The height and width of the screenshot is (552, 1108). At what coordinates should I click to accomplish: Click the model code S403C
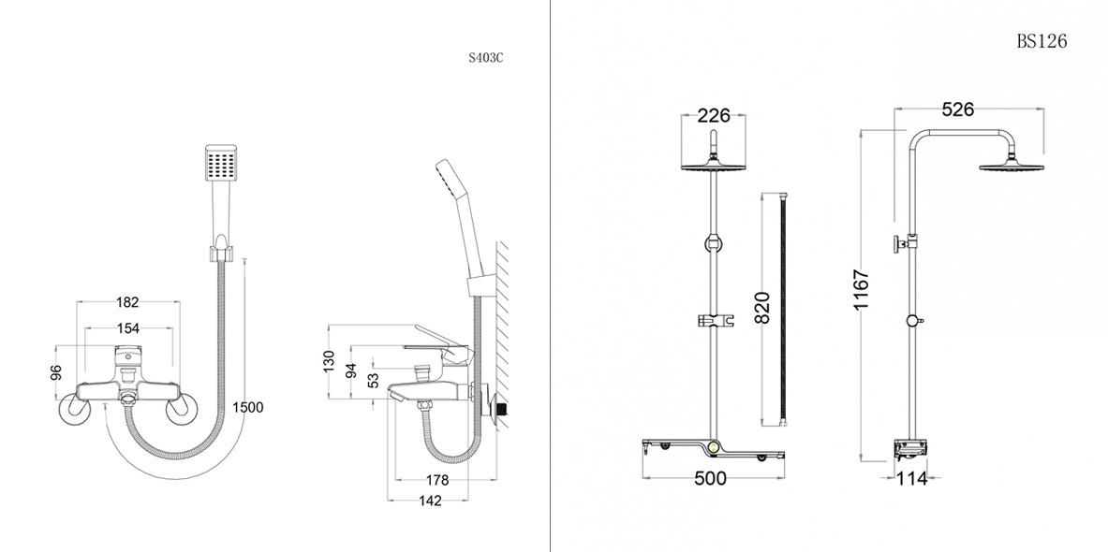tap(485, 57)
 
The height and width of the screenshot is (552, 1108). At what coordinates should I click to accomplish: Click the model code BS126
tap(1042, 41)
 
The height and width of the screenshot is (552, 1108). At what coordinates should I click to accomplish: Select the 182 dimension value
tap(127, 302)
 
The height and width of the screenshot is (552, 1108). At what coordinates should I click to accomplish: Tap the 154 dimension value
tap(127, 328)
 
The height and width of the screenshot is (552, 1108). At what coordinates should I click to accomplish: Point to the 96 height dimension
tap(56, 372)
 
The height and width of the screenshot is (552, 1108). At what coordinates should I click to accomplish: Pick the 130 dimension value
tap(328, 360)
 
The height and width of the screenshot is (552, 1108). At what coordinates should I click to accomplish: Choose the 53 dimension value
tap(374, 379)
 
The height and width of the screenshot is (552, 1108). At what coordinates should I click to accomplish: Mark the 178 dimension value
tap(436, 480)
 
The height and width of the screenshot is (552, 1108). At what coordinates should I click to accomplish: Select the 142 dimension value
tap(429, 501)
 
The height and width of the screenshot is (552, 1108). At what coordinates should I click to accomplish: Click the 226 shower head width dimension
tap(714, 117)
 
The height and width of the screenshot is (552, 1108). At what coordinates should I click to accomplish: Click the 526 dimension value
tap(957, 110)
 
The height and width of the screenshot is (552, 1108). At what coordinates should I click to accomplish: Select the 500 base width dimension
tap(711, 479)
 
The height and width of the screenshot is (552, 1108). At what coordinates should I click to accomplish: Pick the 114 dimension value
tap(910, 479)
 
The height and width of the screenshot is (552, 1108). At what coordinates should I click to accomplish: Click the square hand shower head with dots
tap(218, 166)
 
